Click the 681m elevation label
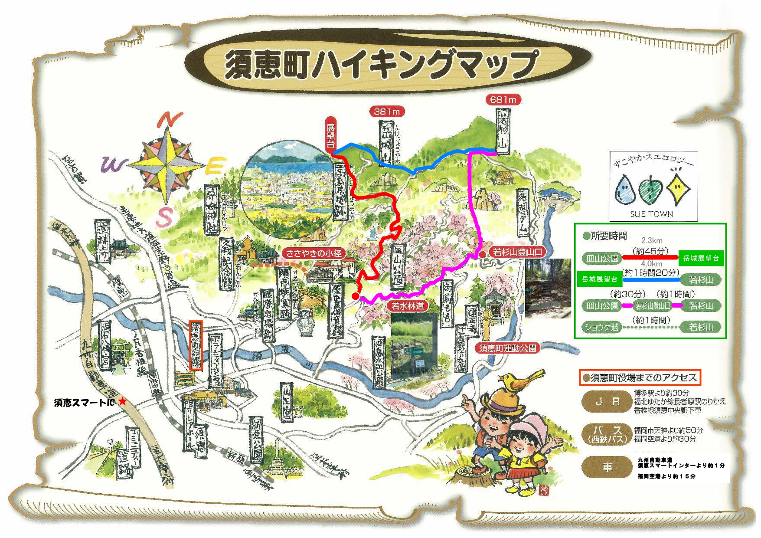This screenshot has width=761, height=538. coord(503,100)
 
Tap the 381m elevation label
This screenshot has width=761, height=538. coord(387,112)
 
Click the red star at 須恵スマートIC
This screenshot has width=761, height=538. coord(123,401)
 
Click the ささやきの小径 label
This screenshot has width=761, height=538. coord(314,253)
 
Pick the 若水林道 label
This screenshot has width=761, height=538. coord(408,306)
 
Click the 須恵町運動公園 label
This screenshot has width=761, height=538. coord(507,348)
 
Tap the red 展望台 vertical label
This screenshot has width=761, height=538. coord(330,134)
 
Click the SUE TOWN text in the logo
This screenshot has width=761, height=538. coord(651,214)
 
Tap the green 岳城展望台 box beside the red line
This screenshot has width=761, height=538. coord(701,258)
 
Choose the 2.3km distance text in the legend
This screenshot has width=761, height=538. coord(652,240)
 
